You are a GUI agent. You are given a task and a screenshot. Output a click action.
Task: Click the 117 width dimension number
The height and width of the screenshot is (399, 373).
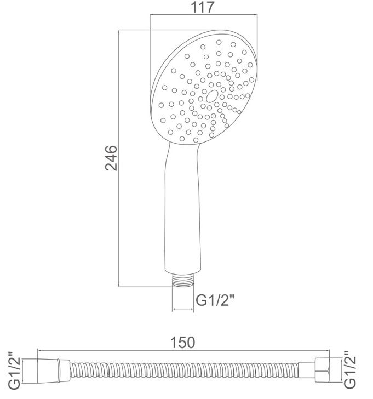point(203,7)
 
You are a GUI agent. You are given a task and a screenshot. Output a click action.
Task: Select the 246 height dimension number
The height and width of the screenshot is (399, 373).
point(111,158)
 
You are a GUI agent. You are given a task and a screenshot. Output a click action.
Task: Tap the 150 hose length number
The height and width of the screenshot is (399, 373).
point(182,343)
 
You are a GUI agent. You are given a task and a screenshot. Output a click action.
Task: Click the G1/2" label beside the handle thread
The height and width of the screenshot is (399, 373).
point(214,300)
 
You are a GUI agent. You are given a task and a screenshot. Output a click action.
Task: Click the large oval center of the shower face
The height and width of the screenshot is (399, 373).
point(212,96)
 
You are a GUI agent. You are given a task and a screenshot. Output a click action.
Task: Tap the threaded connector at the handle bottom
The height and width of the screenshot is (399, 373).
point(182,281)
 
